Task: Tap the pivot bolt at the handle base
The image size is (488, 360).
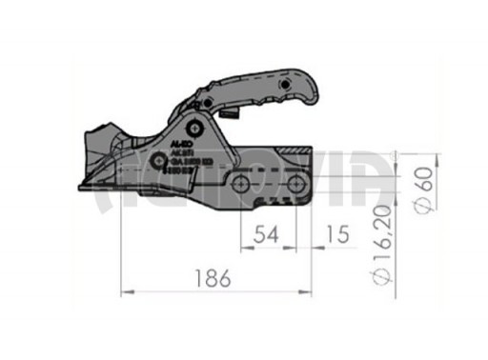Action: coord(195,127)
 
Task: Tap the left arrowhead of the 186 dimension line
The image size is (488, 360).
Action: coord(124,290)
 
